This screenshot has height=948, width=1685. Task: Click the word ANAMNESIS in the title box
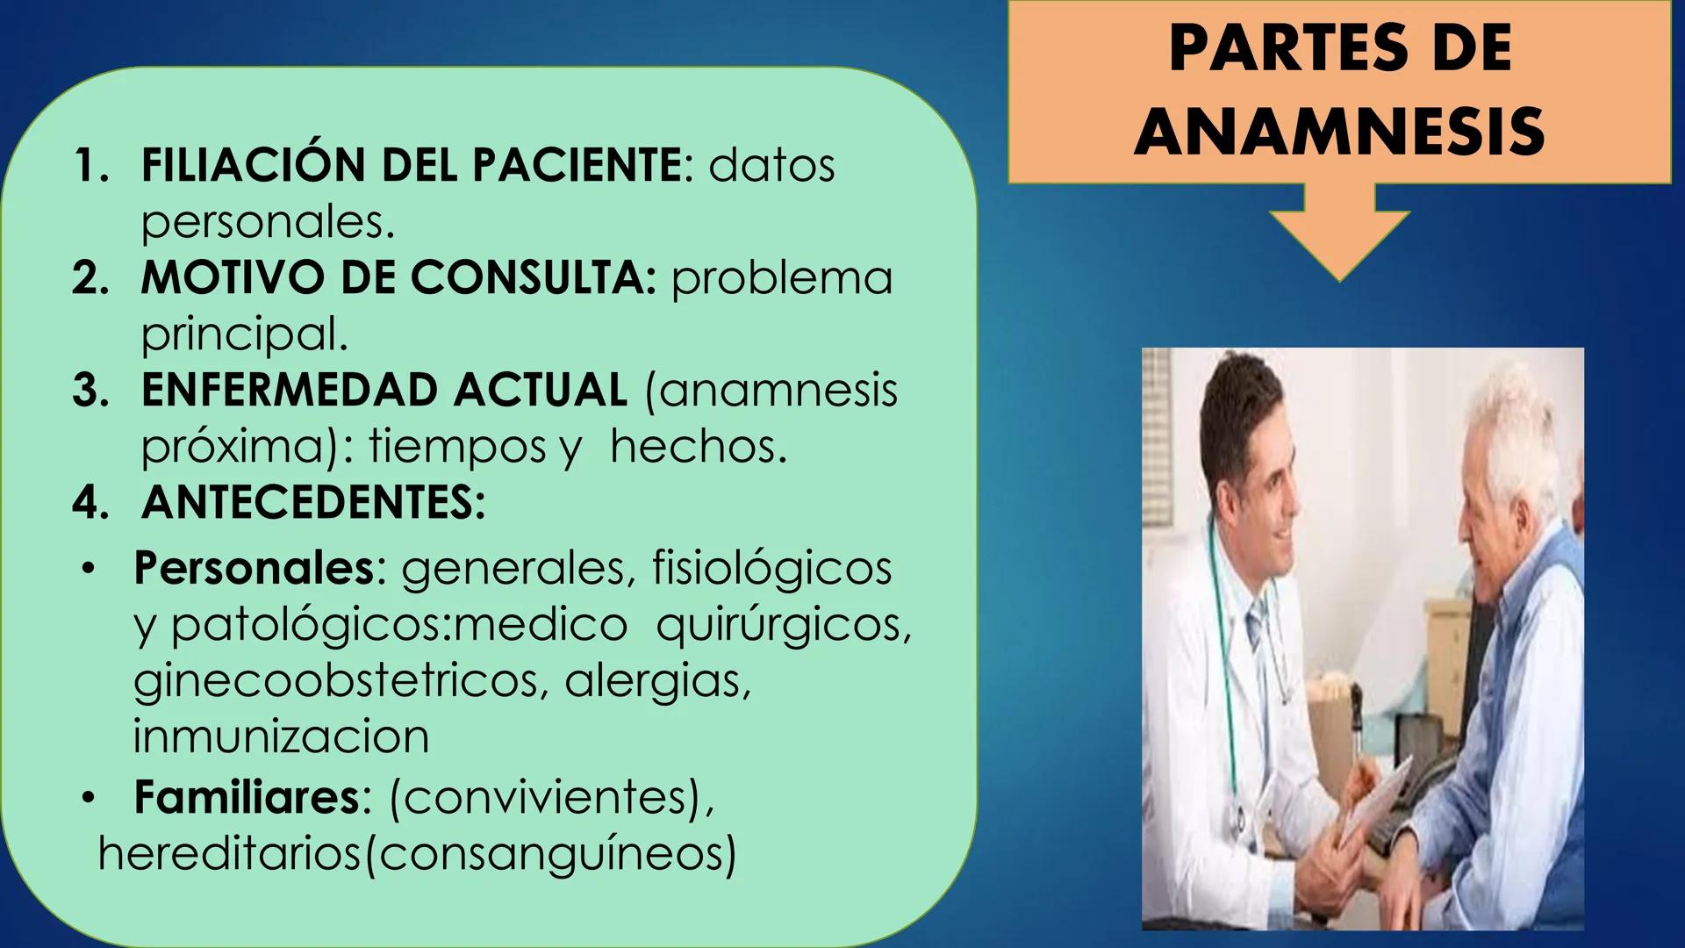tap(1339, 132)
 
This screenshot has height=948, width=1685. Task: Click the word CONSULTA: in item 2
tap(533, 277)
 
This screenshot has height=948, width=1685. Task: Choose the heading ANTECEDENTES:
tap(313, 502)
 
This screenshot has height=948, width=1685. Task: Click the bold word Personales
tap(255, 568)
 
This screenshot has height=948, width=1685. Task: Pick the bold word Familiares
tap(247, 797)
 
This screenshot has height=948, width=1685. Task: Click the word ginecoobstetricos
tap(334, 681)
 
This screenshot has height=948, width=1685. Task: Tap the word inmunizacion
tap(281, 736)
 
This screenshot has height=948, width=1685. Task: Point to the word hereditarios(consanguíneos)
tap(417, 853)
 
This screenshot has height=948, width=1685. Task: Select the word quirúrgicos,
tap(784, 625)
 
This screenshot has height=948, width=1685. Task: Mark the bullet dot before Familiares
tap(88, 799)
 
